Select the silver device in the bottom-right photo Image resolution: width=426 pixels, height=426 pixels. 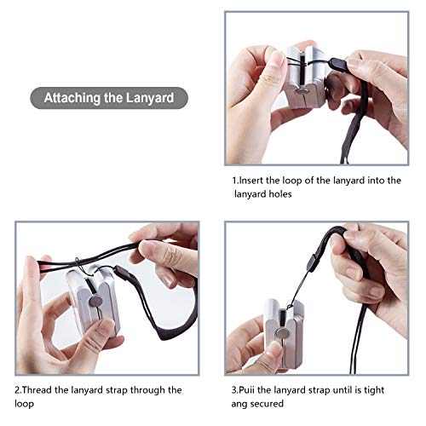(281, 327)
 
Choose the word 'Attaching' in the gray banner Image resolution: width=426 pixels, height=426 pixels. (73, 97)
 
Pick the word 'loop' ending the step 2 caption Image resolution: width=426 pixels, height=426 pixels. (26, 405)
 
